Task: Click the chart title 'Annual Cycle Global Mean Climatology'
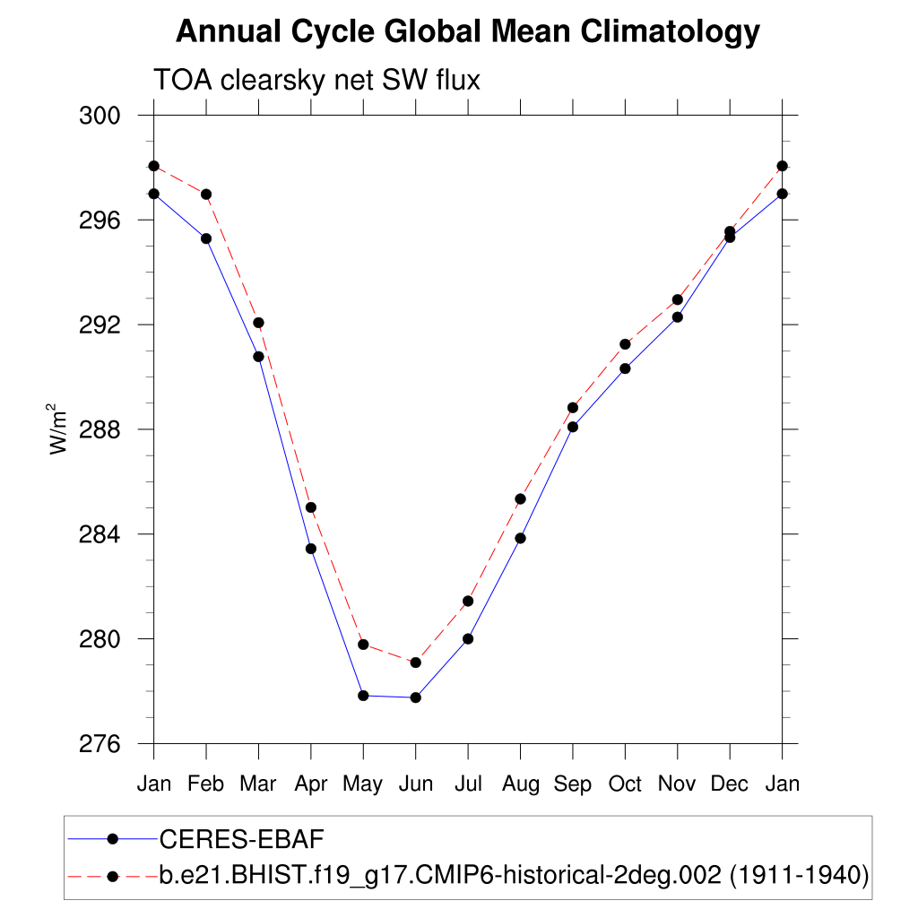467,32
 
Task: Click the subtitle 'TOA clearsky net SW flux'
317,80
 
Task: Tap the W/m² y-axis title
59,429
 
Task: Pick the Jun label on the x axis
415,784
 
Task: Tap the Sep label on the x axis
573,784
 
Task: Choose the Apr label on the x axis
310,784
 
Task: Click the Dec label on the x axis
730,784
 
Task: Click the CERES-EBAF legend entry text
241,839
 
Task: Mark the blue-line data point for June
415,697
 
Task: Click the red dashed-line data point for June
415,663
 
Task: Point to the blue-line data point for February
206,238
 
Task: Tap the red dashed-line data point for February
206,195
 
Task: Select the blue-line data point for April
311,549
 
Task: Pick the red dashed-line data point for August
520,498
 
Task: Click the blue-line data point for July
468,639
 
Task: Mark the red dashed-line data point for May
363,645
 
